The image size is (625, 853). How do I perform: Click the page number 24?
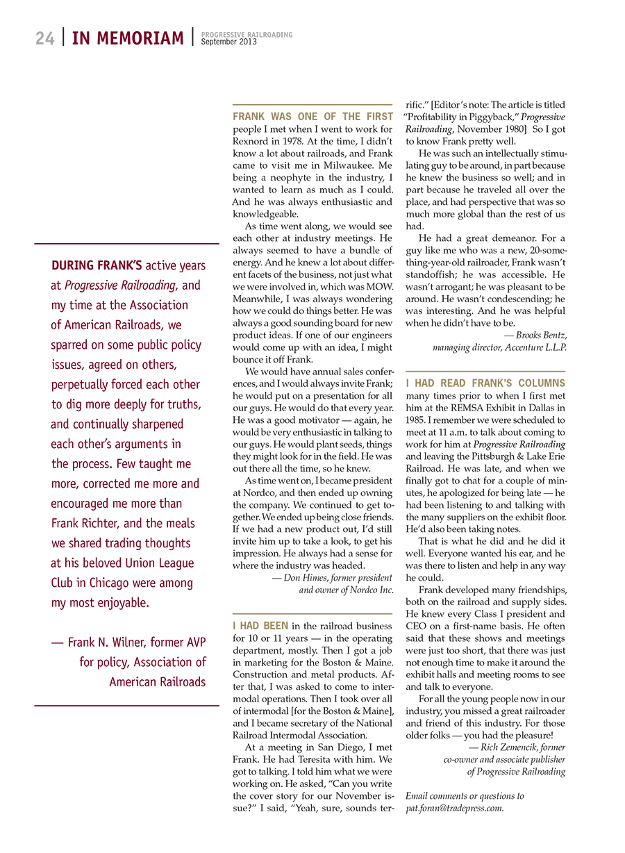pyautogui.click(x=45, y=38)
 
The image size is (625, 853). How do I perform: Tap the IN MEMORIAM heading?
pyautogui.click(x=128, y=38)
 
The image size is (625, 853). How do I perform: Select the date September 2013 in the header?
pyautogui.click(x=229, y=42)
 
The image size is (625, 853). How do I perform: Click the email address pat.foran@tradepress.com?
pyautogui.click(x=454, y=809)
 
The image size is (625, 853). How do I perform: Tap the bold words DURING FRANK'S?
pyautogui.click(x=97, y=265)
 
